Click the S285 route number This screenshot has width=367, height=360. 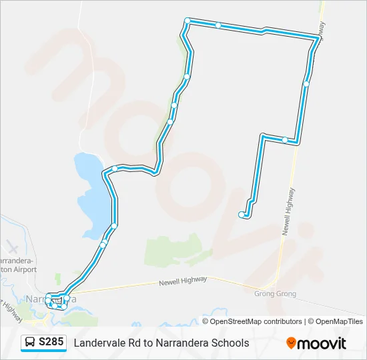[x=51, y=343]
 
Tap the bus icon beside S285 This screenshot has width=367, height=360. [x=30, y=343]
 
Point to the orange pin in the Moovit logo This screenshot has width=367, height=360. [x=291, y=343]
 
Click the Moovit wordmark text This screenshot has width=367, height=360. [x=322, y=343]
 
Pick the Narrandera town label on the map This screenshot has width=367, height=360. [x=50, y=299]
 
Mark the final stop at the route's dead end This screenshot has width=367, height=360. [x=242, y=215]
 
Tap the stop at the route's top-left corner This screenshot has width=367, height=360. [x=188, y=21]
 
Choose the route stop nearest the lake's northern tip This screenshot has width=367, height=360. [x=115, y=168]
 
